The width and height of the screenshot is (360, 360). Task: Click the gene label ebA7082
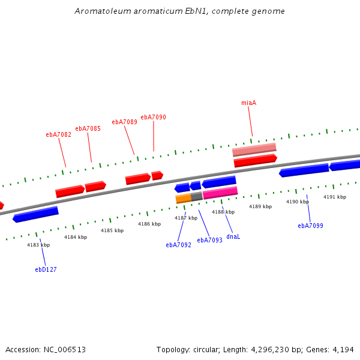(58, 134)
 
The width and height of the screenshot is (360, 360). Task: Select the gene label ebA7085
(88, 128)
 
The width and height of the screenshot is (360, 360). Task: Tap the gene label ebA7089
(124, 122)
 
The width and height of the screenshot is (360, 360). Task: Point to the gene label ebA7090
(153, 117)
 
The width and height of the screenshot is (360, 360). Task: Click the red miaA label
(248, 103)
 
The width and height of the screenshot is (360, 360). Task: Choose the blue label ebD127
(46, 269)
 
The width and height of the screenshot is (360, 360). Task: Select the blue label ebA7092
(178, 245)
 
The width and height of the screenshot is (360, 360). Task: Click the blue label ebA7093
(209, 240)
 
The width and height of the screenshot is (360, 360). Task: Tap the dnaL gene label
(233, 236)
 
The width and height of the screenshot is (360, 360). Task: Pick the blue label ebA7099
(310, 226)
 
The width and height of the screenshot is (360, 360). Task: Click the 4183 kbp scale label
(38, 245)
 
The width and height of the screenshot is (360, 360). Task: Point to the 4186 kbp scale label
(149, 224)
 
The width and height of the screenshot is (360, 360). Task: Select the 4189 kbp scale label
(260, 206)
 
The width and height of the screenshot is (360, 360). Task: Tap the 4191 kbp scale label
(335, 197)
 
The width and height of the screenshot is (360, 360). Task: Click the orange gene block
(182, 198)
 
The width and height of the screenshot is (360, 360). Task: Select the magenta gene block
(220, 193)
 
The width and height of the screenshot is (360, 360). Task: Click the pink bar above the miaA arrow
(254, 149)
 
